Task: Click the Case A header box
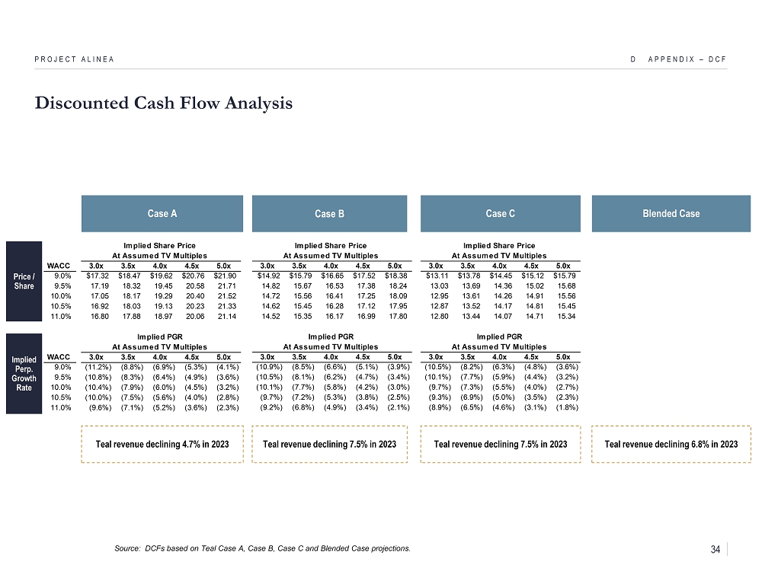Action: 162,213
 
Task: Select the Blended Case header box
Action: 671,213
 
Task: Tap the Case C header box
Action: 500,213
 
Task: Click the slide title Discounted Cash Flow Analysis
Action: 163,104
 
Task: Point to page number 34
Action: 716,550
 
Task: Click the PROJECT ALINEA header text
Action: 74,59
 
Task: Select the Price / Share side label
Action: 24,280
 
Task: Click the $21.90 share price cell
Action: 226,276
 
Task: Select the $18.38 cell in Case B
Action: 396,276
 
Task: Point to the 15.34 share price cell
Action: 565,316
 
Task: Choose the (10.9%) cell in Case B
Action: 268,367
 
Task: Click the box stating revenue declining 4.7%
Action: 162,444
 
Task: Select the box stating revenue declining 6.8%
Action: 671,444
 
